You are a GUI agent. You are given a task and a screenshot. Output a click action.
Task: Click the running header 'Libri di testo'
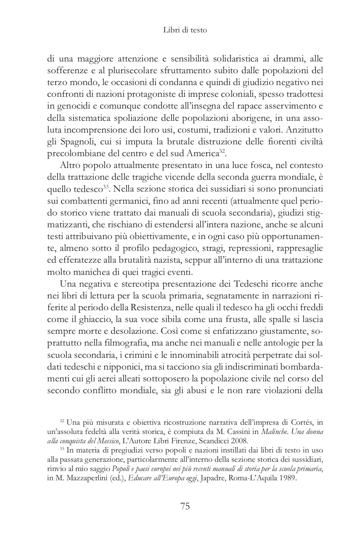tap(185, 31)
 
